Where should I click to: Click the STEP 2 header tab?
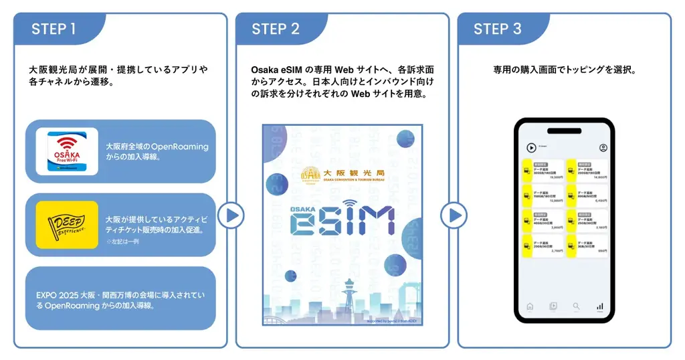pos(276,29)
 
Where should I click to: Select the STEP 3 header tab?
pos(498,29)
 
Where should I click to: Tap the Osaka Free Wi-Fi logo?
pos(66,153)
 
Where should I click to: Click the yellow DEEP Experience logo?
pos(66,225)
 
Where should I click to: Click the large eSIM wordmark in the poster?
pos(342,220)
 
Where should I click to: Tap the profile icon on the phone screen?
pos(603,147)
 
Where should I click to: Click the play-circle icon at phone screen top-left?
pos(531,147)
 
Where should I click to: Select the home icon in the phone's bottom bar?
pos(530,306)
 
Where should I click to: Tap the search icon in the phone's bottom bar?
pos(576,306)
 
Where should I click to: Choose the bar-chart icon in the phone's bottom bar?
pos(600,306)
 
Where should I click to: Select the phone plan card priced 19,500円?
pos(543,171)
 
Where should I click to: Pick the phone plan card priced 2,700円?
pos(543,247)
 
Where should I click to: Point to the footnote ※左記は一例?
pos(120,241)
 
